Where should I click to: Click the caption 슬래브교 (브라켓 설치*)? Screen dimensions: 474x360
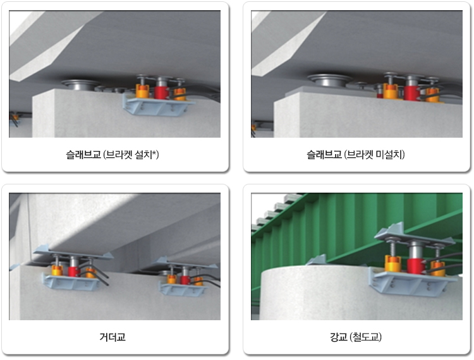(x=112, y=155)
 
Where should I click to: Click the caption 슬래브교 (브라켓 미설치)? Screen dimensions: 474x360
(x=355, y=155)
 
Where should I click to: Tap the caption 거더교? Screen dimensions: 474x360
(x=112, y=337)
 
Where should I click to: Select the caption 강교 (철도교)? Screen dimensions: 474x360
(x=355, y=337)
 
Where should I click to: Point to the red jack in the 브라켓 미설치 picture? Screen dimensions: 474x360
(x=411, y=93)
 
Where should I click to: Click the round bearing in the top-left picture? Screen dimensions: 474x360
(x=80, y=84)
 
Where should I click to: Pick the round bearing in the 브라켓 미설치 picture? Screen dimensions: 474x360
(x=329, y=80)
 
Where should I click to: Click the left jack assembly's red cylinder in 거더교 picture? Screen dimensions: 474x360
(x=73, y=271)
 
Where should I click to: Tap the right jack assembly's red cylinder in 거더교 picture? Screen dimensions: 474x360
(x=185, y=280)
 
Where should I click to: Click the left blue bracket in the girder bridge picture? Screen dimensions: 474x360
(x=71, y=282)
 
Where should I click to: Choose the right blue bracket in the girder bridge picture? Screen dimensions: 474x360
(x=183, y=289)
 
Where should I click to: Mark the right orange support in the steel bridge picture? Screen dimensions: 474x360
(x=437, y=269)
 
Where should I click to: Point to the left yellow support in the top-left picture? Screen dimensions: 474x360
(x=142, y=91)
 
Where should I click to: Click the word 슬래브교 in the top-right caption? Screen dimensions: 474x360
(x=324, y=155)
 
